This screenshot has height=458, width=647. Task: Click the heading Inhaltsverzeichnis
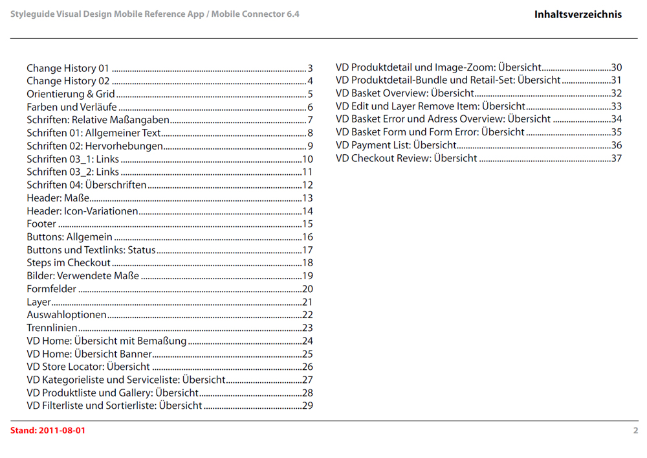click(x=578, y=14)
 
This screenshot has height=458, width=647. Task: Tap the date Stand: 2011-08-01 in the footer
click(x=47, y=431)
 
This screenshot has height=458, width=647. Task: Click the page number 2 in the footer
click(x=635, y=431)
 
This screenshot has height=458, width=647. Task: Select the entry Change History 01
click(x=68, y=68)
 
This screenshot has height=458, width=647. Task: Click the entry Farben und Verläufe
click(x=72, y=107)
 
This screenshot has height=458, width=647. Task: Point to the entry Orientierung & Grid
click(x=71, y=94)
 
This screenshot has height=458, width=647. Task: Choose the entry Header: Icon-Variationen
click(x=82, y=211)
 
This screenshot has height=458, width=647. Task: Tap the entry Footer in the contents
click(x=41, y=224)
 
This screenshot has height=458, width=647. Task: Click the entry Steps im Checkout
click(x=69, y=263)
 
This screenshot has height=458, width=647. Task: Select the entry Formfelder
click(x=52, y=289)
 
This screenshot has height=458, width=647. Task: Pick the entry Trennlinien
click(x=52, y=328)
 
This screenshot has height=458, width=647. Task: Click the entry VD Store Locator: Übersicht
click(x=88, y=367)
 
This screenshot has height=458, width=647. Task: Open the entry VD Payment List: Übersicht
click(x=396, y=145)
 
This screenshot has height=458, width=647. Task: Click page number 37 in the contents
click(x=617, y=158)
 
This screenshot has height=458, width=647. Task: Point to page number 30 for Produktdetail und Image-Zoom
click(x=617, y=67)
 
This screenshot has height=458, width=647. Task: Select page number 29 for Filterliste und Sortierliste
click(x=308, y=406)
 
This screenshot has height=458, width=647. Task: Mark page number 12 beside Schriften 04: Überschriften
click(x=308, y=185)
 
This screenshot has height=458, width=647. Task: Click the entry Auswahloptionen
click(x=67, y=315)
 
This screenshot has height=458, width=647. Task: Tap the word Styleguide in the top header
click(x=32, y=14)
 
